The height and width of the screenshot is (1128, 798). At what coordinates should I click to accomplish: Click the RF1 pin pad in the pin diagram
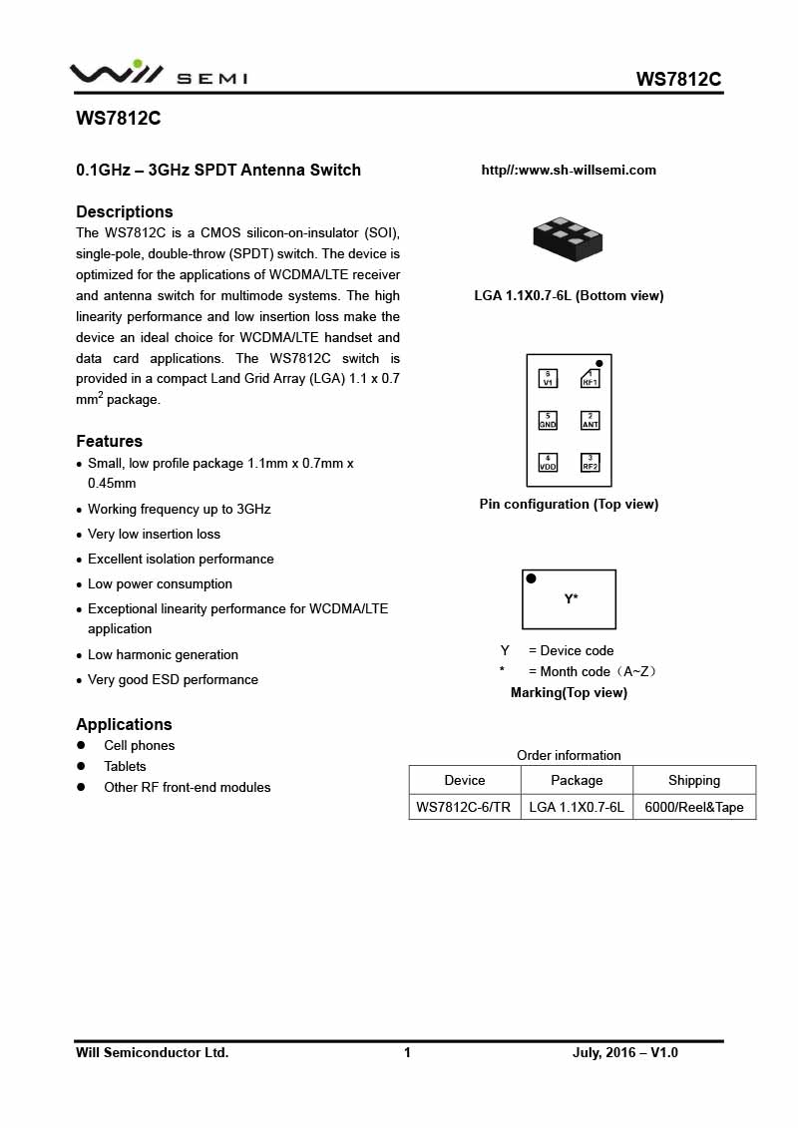591,378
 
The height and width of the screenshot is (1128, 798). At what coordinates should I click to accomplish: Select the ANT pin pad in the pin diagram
591,420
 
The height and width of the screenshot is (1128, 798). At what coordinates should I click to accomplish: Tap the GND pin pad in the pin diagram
548,420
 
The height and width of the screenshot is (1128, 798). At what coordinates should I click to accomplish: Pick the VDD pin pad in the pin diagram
548,462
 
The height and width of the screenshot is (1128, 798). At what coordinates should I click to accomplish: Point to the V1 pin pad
548,378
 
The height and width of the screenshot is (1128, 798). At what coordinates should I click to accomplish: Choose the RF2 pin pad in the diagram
591,462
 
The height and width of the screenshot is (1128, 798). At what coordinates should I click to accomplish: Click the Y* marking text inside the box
572,599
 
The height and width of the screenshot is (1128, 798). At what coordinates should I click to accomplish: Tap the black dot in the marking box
532,578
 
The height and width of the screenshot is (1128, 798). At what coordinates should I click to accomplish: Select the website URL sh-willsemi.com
569,171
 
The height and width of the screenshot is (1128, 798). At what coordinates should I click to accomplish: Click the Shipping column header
694,780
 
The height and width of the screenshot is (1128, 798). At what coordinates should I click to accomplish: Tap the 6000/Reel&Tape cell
694,807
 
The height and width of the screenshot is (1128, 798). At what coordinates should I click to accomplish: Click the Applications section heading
124,724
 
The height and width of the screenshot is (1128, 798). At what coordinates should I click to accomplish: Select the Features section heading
109,441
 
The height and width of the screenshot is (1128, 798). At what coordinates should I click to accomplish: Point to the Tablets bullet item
125,766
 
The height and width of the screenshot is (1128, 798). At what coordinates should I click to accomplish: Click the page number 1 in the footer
407,1052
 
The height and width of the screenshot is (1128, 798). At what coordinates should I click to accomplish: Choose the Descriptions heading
125,211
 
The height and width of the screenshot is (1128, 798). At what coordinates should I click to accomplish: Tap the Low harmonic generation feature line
163,654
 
